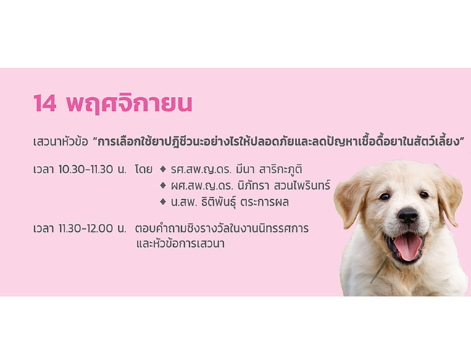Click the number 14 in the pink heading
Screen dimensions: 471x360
[45, 104]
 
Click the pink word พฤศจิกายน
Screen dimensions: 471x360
[129, 104]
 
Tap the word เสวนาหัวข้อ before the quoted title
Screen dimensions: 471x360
[61, 142]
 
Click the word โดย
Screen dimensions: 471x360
[144, 169]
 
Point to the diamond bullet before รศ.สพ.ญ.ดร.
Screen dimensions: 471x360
[163, 169]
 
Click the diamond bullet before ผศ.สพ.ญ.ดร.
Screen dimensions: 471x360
[163, 185]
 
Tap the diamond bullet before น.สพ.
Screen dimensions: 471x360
[163, 202]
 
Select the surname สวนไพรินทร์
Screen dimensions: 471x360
[301, 185]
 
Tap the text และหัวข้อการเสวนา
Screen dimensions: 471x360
[180, 243]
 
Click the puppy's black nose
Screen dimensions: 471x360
[407, 215]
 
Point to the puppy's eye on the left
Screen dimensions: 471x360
[385, 197]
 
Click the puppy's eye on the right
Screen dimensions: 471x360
[424, 195]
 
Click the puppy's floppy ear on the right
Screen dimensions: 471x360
[449, 197]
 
